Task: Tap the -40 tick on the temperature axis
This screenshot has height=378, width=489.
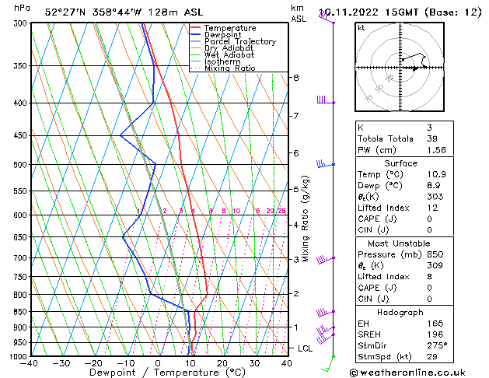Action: [30, 363]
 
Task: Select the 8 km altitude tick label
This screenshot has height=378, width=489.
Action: [296, 78]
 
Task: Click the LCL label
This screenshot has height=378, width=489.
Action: [305, 348]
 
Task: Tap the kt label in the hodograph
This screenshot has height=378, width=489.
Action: [362, 27]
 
